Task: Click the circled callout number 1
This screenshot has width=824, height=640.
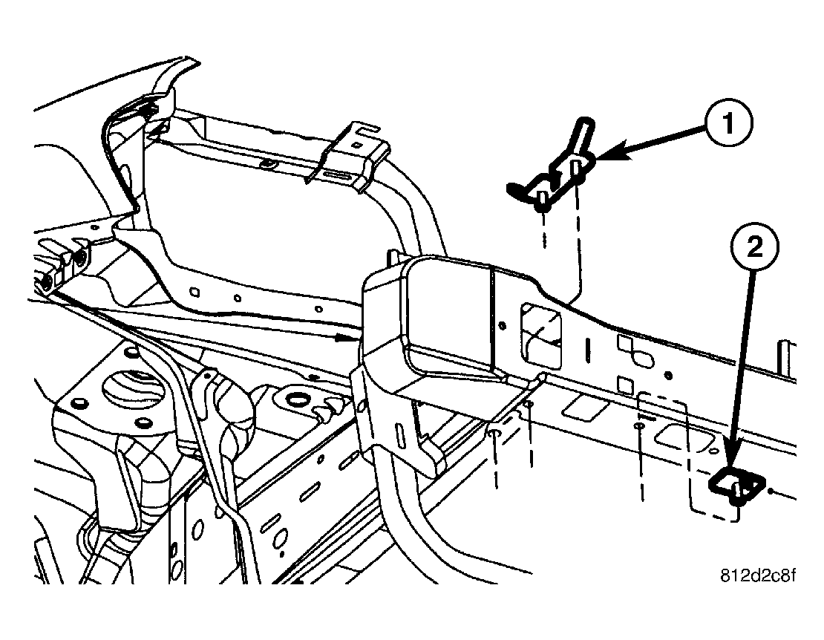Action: pyautogui.click(x=727, y=123)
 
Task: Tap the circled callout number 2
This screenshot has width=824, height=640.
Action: pyautogui.click(x=755, y=247)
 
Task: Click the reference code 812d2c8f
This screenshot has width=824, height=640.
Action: pyautogui.click(x=756, y=576)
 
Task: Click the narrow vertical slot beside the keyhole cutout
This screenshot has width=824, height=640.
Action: pyautogui.click(x=587, y=351)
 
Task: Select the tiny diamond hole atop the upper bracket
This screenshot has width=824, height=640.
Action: pyautogui.click(x=357, y=145)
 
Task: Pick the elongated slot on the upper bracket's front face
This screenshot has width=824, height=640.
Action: pyautogui.click(x=339, y=175)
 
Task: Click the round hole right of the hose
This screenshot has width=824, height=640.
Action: pyautogui.click(x=297, y=397)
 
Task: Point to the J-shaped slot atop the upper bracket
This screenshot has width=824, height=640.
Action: pyautogui.click(x=367, y=128)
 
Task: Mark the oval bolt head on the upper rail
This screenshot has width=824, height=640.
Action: pyautogui.click(x=269, y=163)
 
